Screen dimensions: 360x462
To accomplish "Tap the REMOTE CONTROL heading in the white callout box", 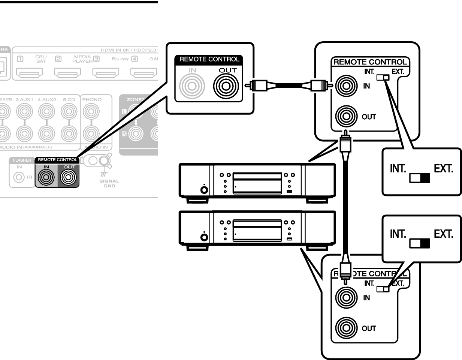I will point(209,59).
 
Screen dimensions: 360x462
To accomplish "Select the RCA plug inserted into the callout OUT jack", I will point(261,86).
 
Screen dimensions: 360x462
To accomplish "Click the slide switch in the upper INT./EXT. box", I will point(419,178).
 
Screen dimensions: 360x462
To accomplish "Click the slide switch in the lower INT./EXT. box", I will point(419,243).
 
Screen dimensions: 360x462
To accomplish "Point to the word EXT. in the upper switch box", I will point(443,169).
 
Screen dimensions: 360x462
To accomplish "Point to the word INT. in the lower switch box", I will point(398,234).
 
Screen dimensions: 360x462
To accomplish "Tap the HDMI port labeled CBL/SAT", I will point(29,72).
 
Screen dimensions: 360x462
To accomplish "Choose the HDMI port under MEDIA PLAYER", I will point(67,72).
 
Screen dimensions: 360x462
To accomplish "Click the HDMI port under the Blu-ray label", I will point(106,72).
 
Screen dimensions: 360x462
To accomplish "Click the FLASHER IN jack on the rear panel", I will point(19,177).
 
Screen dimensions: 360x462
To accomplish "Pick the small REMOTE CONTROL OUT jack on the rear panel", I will point(69,177).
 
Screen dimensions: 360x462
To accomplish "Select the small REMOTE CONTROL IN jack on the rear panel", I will point(46,177).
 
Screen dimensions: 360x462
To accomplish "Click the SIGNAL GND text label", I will point(109,183).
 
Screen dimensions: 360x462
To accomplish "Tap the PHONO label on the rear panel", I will point(92,100).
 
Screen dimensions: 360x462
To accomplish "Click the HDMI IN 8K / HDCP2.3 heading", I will point(128,50).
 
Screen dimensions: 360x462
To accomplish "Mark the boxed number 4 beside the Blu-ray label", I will point(135,59).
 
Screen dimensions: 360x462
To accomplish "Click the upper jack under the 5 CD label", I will point(69,111).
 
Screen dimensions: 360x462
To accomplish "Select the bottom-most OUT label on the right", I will point(369,328).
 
